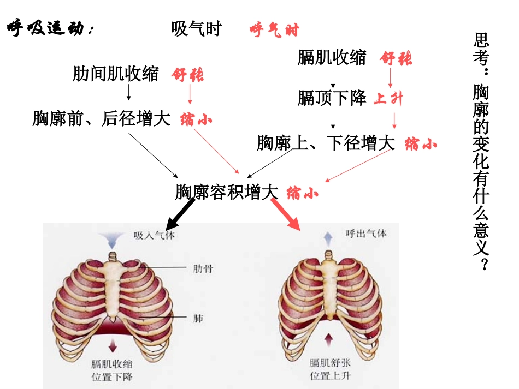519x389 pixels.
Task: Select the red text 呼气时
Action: (x=274, y=30)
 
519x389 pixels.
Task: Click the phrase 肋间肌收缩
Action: (x=115, y=74)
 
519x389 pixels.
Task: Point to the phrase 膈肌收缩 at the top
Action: (x=332, y=57)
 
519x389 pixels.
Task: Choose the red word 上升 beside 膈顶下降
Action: (x=388, y=99)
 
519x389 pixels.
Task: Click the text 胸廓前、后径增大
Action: (x=101, y=118)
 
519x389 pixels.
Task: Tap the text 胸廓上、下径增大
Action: (x=326, y=143)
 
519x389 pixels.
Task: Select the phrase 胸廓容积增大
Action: (x=227, y=192)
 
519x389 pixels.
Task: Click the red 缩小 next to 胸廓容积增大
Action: (x=302, y=193)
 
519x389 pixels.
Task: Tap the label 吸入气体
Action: (x=154, y=236)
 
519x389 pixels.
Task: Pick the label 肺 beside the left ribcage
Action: (x=198, y=318)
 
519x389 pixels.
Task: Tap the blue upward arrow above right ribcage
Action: (x=328, y=238)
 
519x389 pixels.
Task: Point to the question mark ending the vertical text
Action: (x=483, y=264)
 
